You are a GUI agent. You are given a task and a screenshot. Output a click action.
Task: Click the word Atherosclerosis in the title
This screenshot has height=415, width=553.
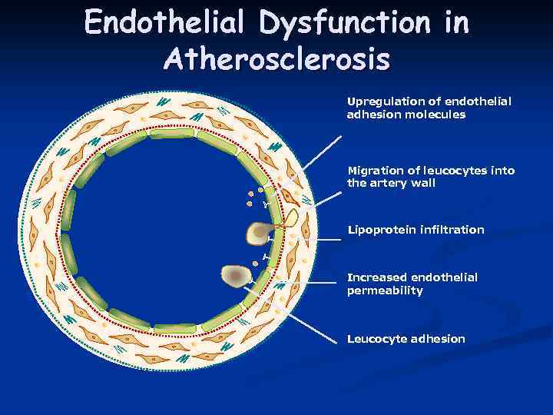[x=276, y=59]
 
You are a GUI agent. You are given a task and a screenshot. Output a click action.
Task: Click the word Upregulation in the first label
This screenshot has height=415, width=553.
[x=382, y=101]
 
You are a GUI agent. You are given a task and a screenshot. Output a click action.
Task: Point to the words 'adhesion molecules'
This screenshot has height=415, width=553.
[x=406, y=115]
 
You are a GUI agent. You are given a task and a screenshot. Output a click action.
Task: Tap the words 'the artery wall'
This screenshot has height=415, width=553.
[x=391, y=184]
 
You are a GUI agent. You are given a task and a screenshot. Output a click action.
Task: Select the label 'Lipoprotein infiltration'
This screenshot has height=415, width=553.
[x=416, y=230]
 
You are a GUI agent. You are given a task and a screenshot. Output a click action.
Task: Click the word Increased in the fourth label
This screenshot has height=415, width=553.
[x=377, y=277]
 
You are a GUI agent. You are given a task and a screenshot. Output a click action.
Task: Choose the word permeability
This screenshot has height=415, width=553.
[x=385, y=290]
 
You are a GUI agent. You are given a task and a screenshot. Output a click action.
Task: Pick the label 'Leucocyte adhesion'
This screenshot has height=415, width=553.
[x=406, y=339]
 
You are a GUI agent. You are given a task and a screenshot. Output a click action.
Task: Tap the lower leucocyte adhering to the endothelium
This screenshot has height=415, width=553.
[x=237, y=274]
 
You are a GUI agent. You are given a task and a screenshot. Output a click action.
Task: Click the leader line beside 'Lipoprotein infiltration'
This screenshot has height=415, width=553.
[x=323, y=240]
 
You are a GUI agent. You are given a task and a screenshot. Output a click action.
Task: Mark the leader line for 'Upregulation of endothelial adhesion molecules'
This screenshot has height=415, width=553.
[x=323, y=151]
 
